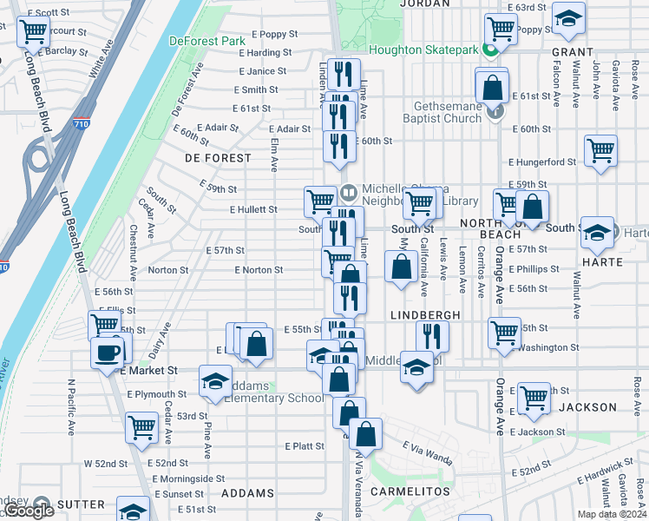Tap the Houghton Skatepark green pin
pos(489,50)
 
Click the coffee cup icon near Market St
pos(108,353)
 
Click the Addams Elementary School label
pos(271,392)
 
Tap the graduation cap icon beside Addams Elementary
pos(215,381)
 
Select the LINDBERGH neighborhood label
pos(425,313)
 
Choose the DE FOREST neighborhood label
pos(218,158)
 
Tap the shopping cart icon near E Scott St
pos(33,31)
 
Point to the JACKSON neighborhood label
pos(587,406)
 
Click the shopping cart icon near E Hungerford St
pos(600,150)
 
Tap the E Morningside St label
pos(187,478)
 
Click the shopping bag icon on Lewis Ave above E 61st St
pos(492,88)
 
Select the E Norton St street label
pos(259,270)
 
